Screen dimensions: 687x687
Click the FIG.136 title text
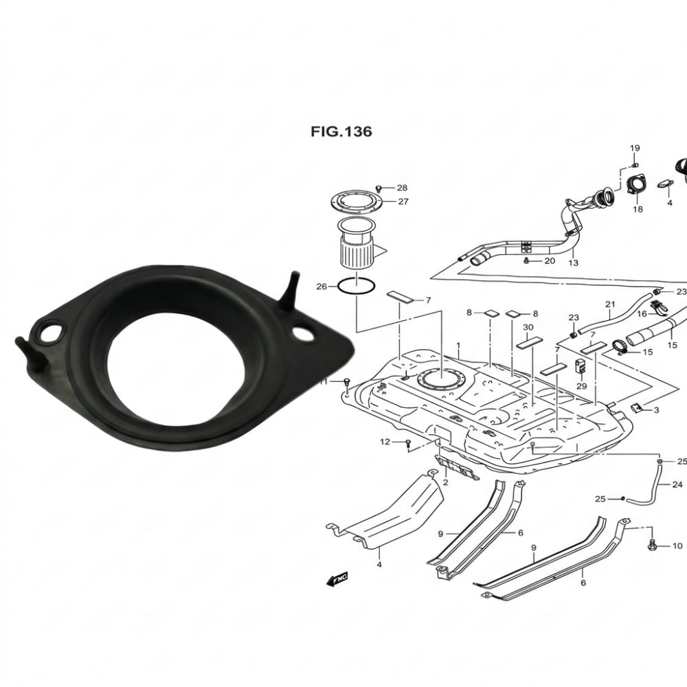(x=341, y=131)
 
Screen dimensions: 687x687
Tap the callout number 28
(x=402, y=188)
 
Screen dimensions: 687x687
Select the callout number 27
(x=403, y=202)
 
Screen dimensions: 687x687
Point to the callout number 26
(x=322, y=286)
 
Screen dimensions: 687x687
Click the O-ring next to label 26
(x=356, y=286)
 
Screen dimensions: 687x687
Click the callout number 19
(x=635, y=148)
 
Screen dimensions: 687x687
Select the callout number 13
(x=573, y=262)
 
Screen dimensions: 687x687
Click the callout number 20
(x=550, y=261)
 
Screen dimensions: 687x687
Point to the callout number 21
(x=610, y=304)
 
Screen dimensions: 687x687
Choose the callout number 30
(x=528, y=327)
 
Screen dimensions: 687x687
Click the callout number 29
(x=582, y=387)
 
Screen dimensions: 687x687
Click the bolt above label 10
(x=652, y=545)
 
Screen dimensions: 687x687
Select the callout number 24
(x=677, y=484)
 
